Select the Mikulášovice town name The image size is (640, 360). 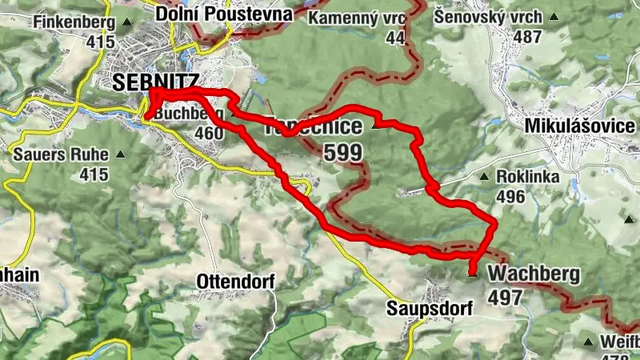(580, 126)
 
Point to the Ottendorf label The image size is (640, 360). (235, 282)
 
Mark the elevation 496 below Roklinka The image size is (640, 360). (510, 197)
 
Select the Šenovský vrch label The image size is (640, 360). (489, 17)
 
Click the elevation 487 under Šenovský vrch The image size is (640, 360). (528, 37)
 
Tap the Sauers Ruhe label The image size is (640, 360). (60, 152)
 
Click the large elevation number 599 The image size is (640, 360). (343, 152)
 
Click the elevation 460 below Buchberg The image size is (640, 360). (208, 133)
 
